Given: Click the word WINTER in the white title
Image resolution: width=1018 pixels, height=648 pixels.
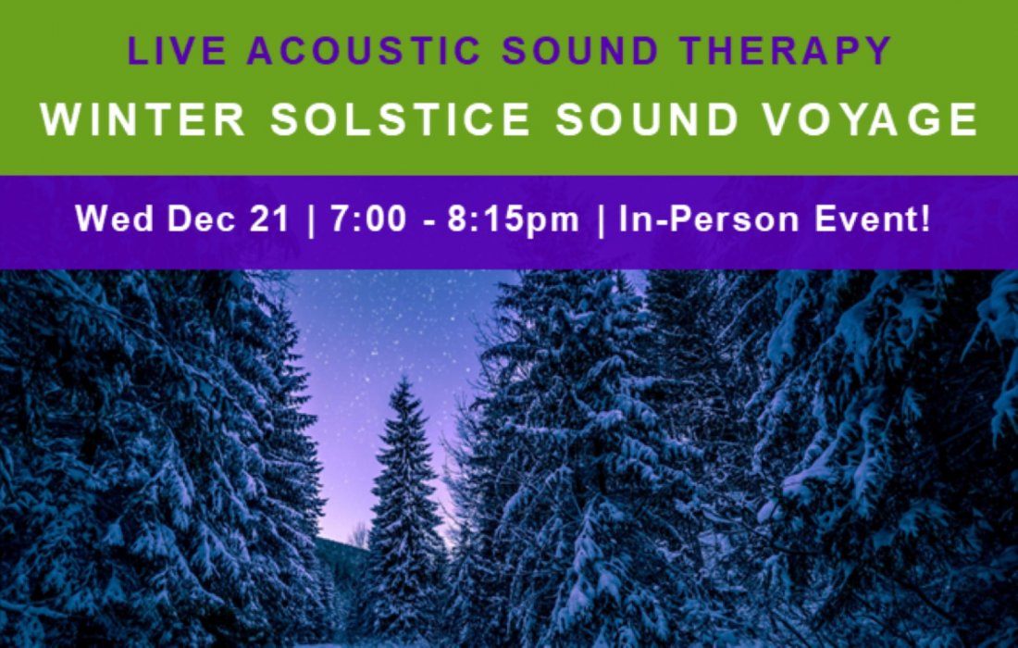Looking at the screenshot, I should coord(143,120).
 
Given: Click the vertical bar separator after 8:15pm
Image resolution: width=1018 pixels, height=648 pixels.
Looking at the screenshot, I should coord(603,221).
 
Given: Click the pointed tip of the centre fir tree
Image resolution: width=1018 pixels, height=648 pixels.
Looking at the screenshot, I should coord(402,379).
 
